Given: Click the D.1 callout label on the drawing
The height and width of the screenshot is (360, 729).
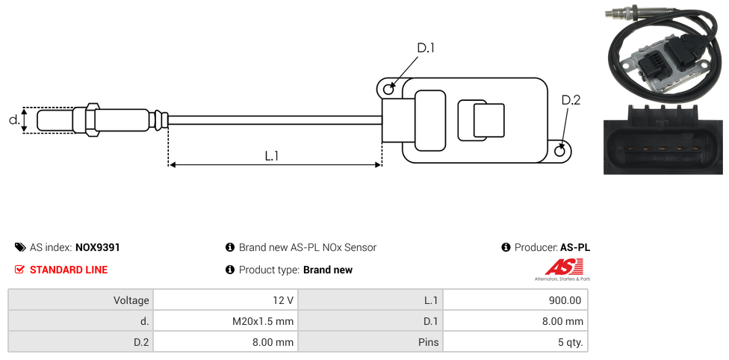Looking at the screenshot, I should tap(426, 48).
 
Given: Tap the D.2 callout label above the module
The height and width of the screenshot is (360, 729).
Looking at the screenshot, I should tap(571, 100).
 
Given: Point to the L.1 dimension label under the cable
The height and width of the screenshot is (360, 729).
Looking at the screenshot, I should tap(272, 156).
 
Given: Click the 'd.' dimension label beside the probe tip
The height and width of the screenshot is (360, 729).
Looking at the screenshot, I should tap(13, 120).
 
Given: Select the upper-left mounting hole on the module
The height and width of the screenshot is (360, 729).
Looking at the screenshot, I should tap(388, 90).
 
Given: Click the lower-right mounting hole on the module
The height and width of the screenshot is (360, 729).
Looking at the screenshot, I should tap(561, 151).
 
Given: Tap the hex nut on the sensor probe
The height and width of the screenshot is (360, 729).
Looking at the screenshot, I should tap(93, 120).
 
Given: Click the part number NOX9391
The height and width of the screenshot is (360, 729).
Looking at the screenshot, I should tap(97, 247).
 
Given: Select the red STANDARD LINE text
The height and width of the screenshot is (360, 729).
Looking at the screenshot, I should tap(69, 270).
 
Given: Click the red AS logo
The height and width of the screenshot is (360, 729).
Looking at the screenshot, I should tap(562, 267).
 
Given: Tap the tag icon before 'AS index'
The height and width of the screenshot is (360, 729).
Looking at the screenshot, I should tap(20, 247).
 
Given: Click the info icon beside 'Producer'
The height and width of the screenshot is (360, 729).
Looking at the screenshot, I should tap(506, 247).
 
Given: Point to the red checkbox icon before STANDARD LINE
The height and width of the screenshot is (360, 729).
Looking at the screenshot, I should tap(20, 270).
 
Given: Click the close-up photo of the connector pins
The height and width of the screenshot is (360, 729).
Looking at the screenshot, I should tap(663, 140).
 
